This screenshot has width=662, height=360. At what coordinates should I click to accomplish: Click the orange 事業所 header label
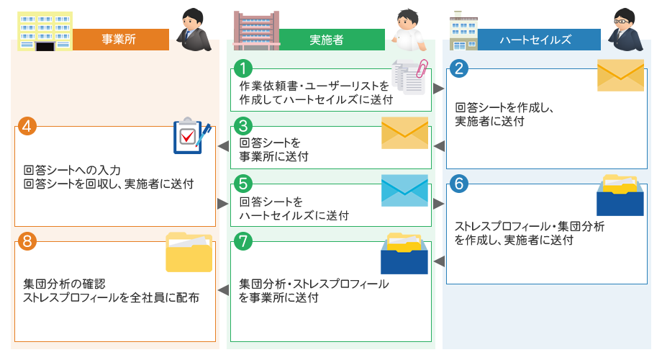[119, 40]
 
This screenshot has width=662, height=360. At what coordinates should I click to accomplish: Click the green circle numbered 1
[244, 68]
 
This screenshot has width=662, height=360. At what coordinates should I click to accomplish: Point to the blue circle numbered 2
[458, 68]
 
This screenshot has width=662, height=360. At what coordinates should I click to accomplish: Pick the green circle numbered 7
[244, 241]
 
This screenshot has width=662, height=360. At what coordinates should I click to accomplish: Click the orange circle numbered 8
[27, 241]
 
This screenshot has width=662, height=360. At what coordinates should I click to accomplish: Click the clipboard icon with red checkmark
[191, 137]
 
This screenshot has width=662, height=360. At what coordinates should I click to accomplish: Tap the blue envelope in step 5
[404, 190]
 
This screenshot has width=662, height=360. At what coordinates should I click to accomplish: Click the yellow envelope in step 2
[620, 75]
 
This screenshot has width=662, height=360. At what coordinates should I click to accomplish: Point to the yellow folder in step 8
[189, 251]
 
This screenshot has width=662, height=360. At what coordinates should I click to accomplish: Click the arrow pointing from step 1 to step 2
[438, 89]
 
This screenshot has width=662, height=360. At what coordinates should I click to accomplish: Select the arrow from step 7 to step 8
[223, 291]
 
